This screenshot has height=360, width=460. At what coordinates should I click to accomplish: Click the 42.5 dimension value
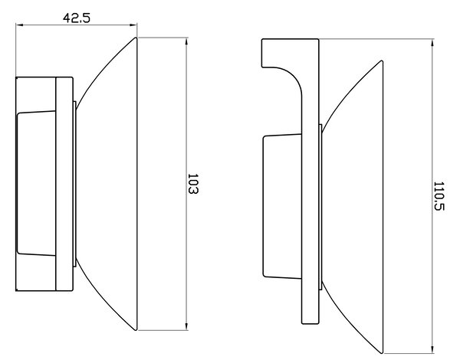coord(77,18)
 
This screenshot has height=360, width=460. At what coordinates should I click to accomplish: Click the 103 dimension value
coord(192,184)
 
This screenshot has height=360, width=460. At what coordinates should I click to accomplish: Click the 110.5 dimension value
coord(439,196)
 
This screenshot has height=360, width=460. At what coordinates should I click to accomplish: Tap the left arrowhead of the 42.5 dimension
coord(19,25)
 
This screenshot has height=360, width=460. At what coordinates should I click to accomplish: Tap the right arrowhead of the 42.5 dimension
coord(133,25)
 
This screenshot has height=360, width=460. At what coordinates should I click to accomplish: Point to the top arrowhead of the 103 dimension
coord(186,41)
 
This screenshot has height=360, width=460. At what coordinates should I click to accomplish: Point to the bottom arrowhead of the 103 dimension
coord(186,326)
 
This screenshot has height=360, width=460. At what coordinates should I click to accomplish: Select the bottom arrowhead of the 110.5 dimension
coord(432,350)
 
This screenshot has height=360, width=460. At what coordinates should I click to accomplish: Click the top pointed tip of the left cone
coord(136,38)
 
